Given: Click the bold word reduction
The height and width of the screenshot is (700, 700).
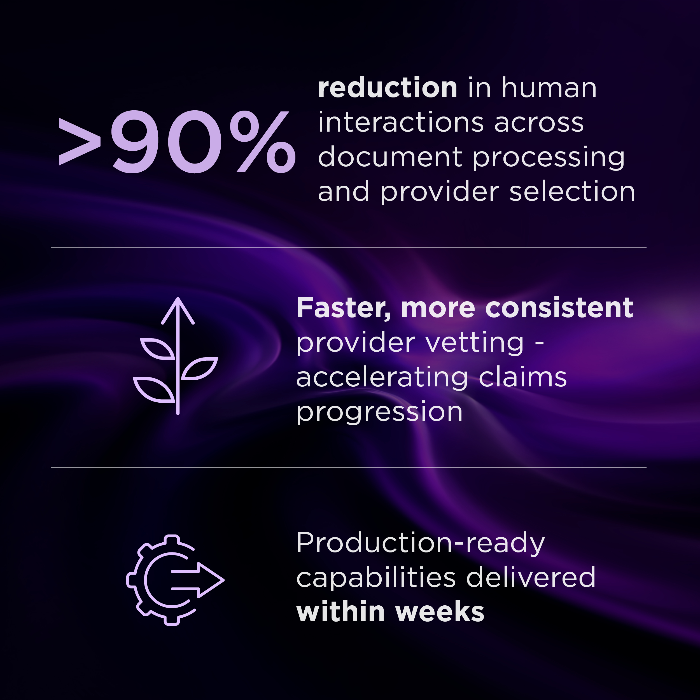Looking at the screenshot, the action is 387,88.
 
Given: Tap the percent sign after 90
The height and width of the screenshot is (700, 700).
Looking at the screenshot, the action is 266,141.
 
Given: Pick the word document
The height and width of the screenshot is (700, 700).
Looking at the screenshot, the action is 390,157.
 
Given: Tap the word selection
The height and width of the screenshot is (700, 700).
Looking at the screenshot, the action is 572,192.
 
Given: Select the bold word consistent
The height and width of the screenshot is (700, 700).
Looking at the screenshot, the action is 559,308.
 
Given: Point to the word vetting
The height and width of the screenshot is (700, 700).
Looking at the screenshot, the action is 475,343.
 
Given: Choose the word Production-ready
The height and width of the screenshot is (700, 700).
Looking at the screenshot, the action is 421,543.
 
